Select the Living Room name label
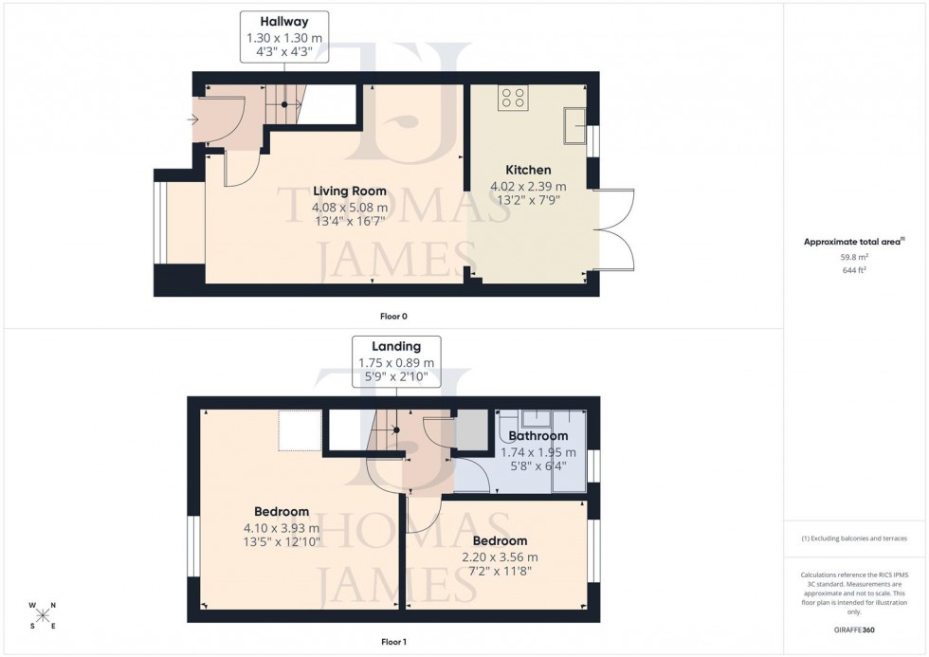point(350,190)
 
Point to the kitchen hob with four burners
point(514,97)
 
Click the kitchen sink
point(574,125)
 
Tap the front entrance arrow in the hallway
point(194,119)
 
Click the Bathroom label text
point(537,436)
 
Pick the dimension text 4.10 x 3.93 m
point(280,528)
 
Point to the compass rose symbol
point(43,615)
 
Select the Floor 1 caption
point(392,642)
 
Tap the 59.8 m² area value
point(855,256)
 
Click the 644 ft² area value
point(855,270)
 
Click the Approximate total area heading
point(854,241)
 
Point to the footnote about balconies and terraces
point(855,538)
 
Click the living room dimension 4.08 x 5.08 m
point(350,207)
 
